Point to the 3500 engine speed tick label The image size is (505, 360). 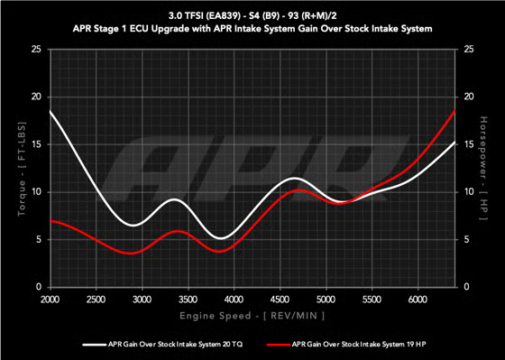point(188,298)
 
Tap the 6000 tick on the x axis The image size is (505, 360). point(418,298)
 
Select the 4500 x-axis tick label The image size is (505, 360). point(280,298)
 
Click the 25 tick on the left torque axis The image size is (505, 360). point(35,49)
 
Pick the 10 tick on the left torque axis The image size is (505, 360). point(35,191)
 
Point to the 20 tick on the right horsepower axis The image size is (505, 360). point(468,97)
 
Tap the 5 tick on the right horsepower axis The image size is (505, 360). point(466,239)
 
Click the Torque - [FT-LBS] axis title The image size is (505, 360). point(20,168)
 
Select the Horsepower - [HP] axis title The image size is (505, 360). point(484,168)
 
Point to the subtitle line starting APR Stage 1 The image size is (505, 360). point(252,29)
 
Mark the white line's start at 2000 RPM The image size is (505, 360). point(50,111)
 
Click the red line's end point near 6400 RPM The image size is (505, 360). point(454,110)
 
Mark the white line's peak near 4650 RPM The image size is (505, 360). point(293,179)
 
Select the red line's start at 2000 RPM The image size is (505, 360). point(50,220)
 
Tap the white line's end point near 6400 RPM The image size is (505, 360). point(454,142)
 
